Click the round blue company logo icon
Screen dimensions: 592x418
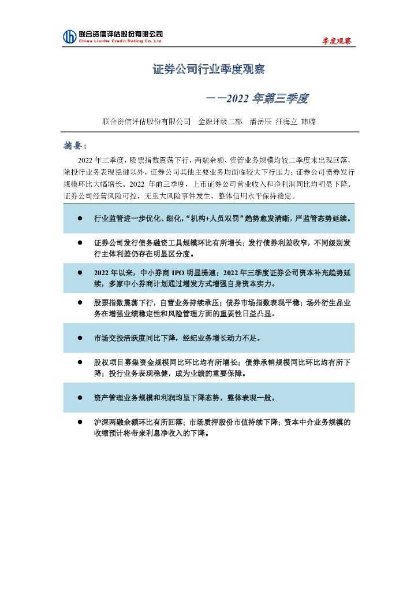coord(69,36)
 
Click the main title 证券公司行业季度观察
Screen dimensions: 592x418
coord(209,70)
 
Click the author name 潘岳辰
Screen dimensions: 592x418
coord(261,122)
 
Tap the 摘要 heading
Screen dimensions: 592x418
coord(75,144)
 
